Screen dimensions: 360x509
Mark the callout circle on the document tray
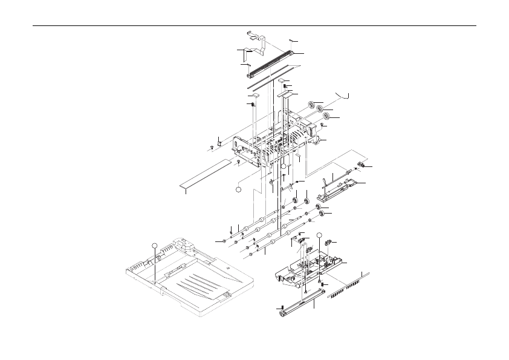point(155,244)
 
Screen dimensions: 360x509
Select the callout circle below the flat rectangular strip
point(238,189)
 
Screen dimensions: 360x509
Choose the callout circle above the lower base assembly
point(320,235)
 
